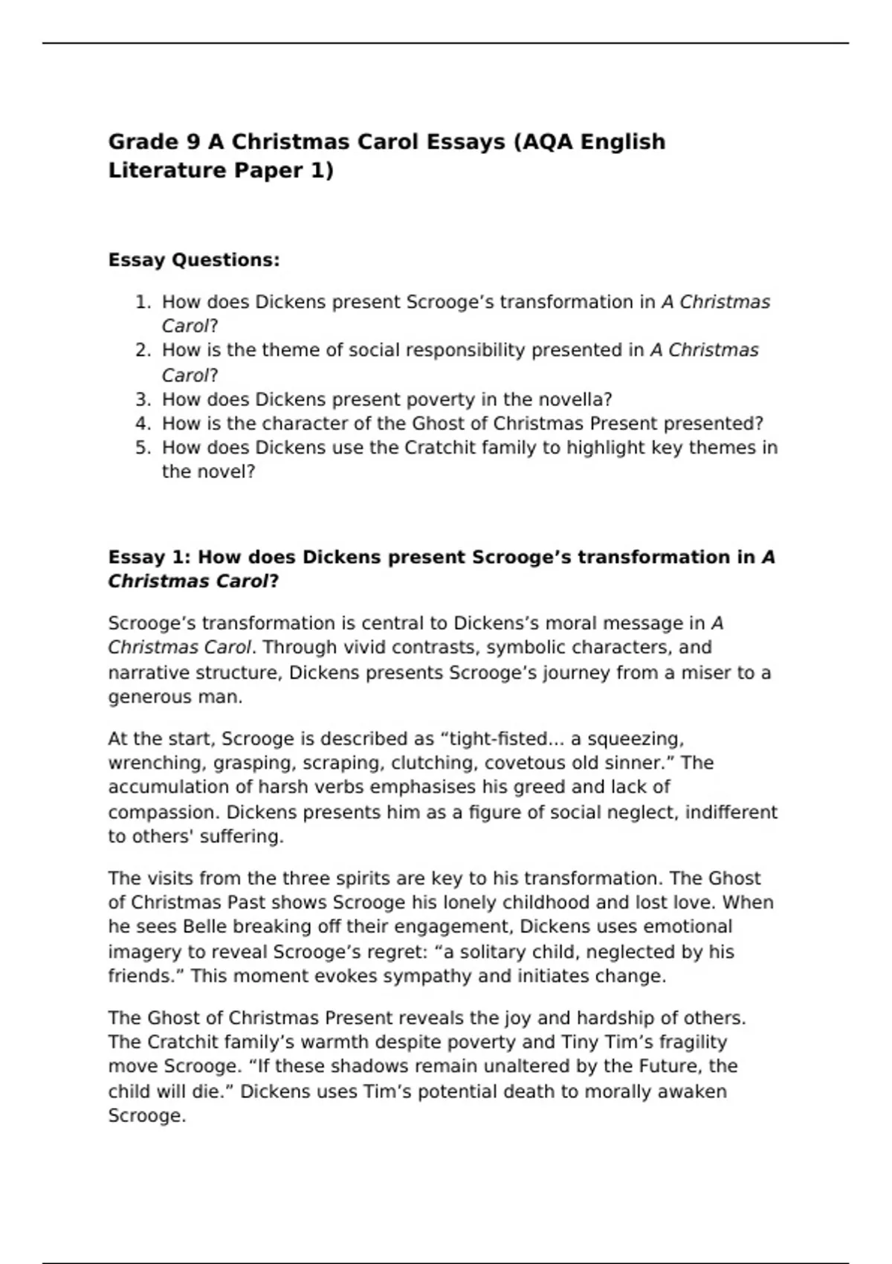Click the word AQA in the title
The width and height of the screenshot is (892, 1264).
[548, 141]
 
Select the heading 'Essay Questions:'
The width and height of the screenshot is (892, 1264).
[194, 260]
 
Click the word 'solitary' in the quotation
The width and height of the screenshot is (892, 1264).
[497, 952]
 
